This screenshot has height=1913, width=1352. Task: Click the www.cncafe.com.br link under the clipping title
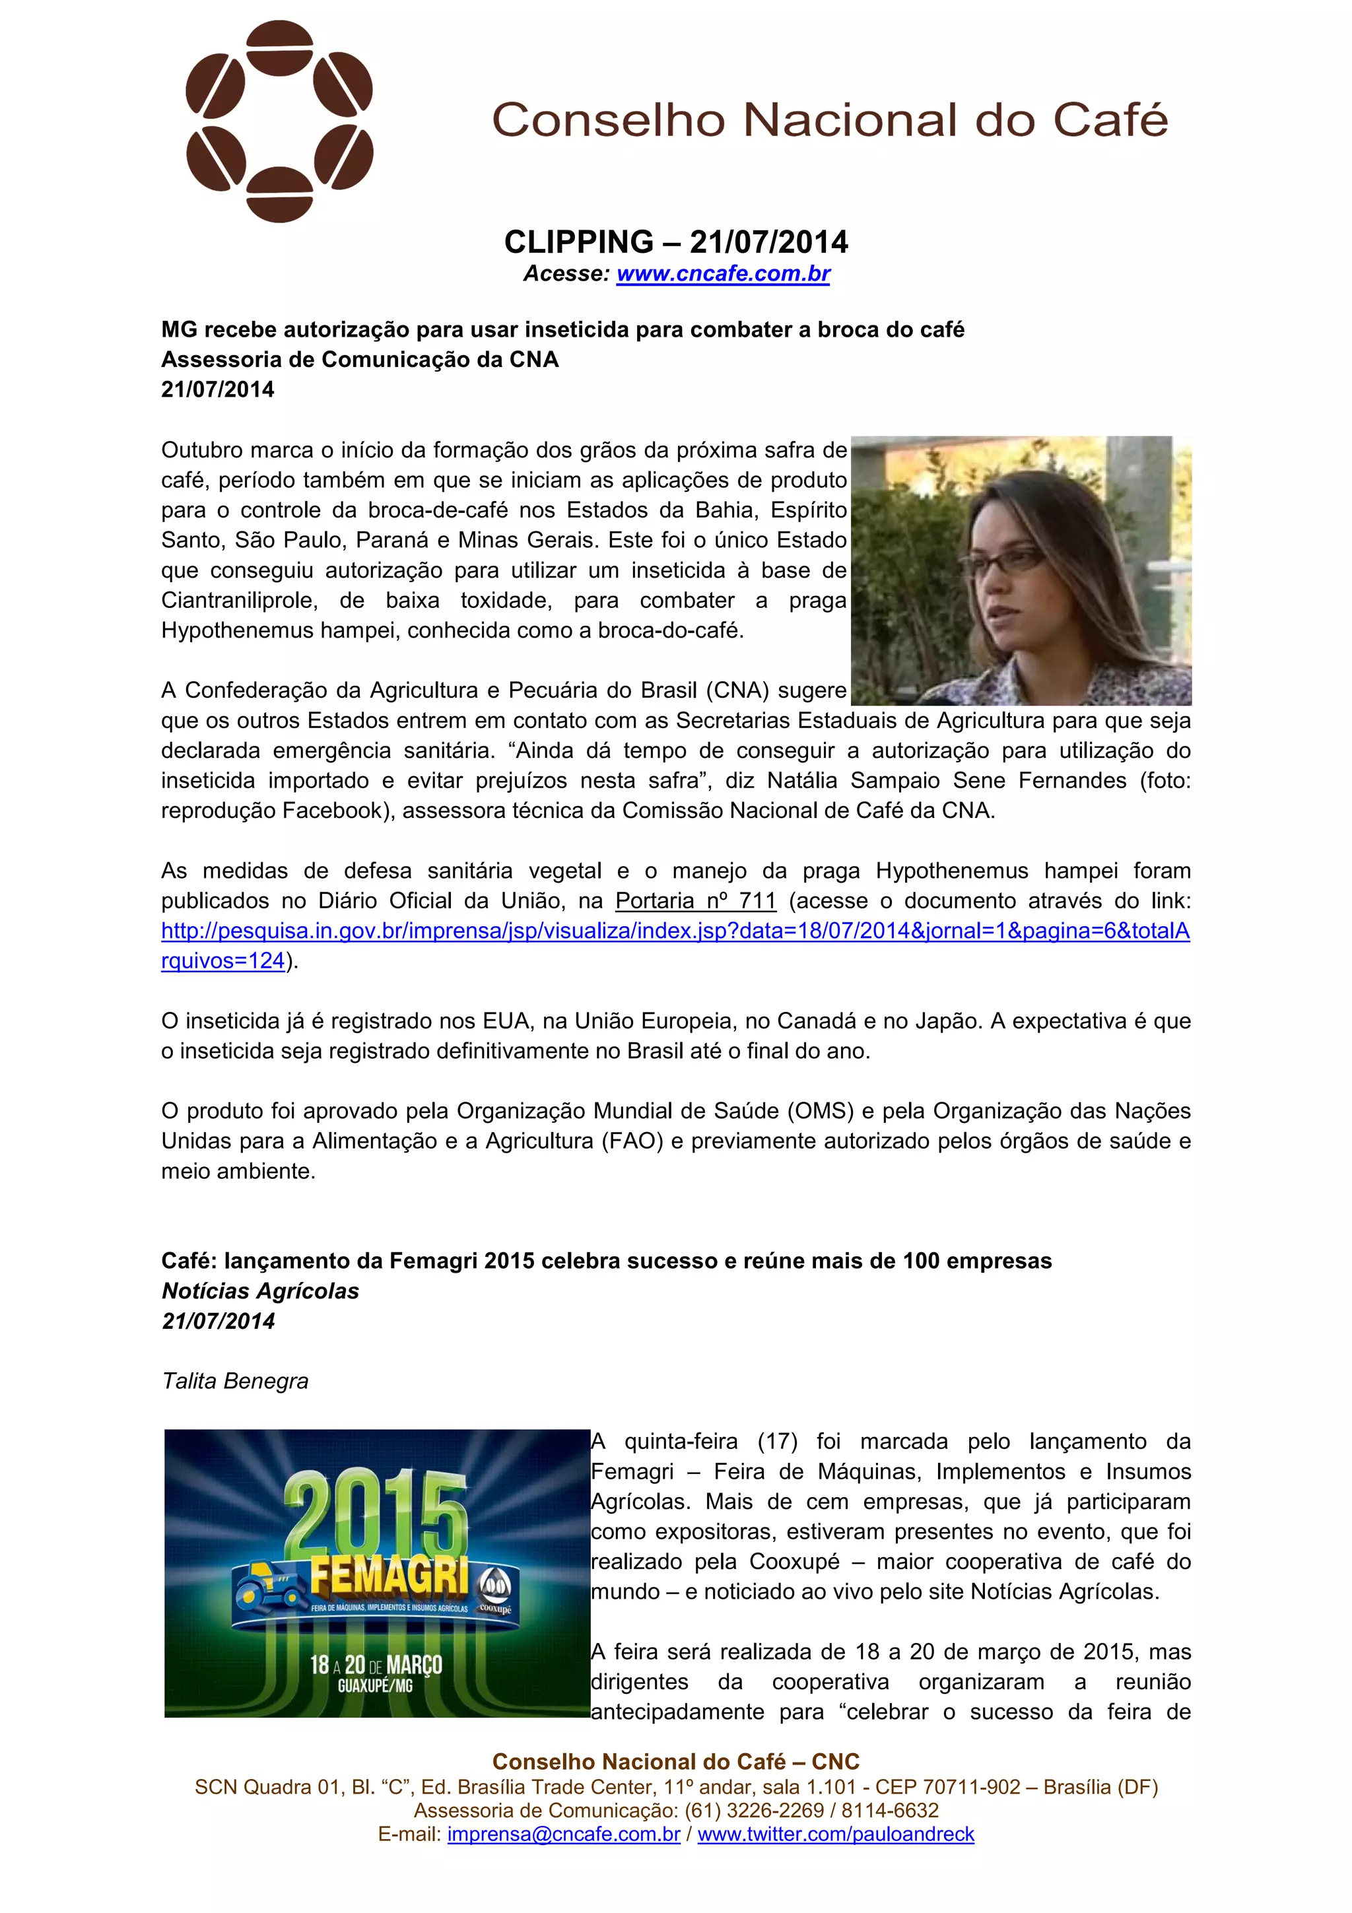(x=723, y=274)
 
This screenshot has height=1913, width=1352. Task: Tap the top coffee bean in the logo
(x=280, y=48)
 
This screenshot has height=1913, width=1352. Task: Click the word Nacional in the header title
(x=850, y=120)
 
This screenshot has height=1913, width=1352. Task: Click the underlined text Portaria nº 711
(x=696, y=900)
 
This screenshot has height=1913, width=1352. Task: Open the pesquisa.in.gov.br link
(x=675, y=931)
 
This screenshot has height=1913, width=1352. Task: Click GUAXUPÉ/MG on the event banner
(x=375, y=1685)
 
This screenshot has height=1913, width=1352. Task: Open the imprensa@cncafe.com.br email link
(x=564, y=1834)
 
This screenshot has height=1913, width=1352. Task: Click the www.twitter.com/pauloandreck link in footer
(x=836, y=1834)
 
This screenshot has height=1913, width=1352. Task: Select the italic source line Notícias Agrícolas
(x=260, y=1291)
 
